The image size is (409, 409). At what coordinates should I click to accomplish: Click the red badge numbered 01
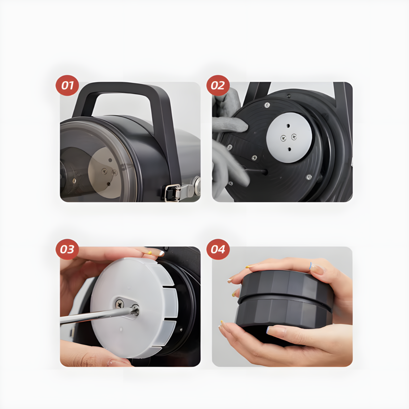(67, 85)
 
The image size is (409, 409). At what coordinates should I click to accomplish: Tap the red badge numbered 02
(218, 85)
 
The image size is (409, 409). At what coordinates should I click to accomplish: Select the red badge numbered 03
(67, 249)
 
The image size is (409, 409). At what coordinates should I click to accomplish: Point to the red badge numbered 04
(218, 249)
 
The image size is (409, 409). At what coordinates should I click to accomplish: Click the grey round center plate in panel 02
(289, 138)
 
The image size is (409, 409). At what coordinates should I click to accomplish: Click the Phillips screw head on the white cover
(120, 304)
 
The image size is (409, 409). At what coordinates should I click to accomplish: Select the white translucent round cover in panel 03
(134, 308)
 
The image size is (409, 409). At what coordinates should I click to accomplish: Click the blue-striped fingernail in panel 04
(311, 266)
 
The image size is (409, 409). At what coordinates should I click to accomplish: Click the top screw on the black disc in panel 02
(267, 105)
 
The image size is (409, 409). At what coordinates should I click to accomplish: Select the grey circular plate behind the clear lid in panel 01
(104, 172)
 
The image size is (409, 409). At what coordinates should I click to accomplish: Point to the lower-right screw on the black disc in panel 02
(308, 177)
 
